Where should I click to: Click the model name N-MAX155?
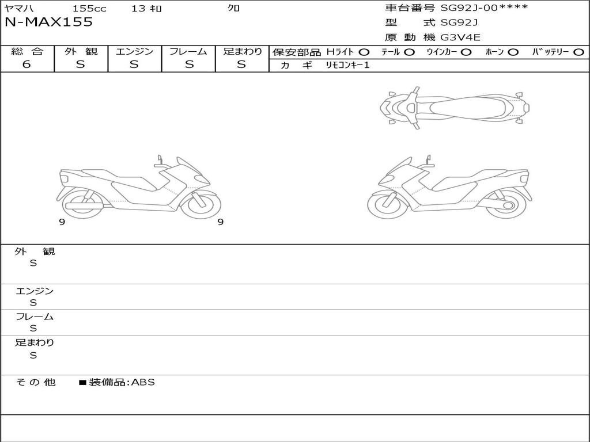click(x=48, y=22)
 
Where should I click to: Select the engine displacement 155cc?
click(x=89, y=8)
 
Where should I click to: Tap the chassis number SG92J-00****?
click(x=484, y=7)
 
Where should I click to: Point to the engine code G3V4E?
click(x=460, y=37)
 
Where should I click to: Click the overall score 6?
click(x=27, y=64)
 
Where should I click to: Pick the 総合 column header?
click(x=27, y=51)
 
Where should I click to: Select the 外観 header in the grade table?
click(x=81, y=51)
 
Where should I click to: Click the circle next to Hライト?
click(x=364, y=52)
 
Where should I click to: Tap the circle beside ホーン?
click(x=513, y=52)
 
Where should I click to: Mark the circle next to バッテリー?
click(x=578, y=52)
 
